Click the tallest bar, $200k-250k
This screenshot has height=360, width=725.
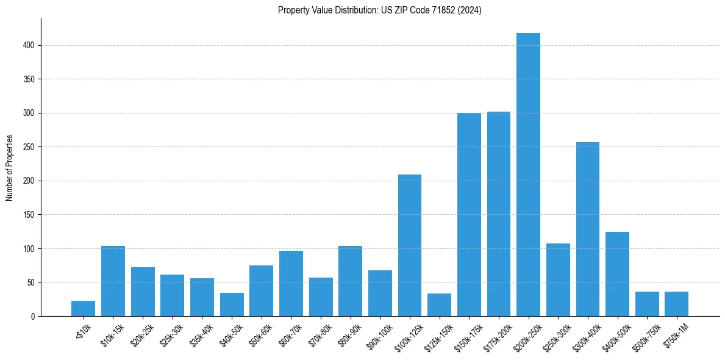528,175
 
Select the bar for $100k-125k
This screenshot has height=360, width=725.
410,245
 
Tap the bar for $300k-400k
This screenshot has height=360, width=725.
588,229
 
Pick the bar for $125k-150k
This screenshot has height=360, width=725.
439,305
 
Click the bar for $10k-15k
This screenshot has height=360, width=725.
113,281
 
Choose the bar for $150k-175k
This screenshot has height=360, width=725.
469,215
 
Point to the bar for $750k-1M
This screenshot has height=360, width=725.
676,304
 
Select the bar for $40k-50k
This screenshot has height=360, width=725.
232,304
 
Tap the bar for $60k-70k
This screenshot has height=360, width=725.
291,284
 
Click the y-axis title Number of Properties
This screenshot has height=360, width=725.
9,168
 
